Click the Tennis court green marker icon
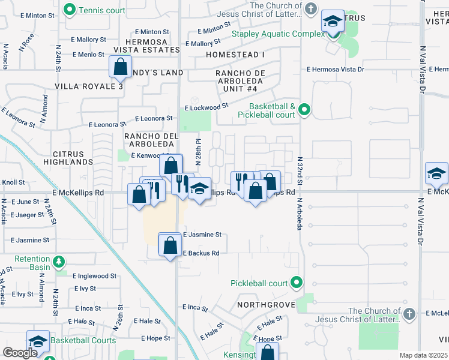pyautogui.click(x=70, y=10)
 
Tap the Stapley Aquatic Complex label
pyautogui.click(x=279, y=34)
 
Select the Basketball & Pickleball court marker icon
pyautogui.click(x=304, y=109)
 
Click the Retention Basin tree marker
pyautogui.click(x=59, y=262)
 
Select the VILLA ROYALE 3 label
pyautogui.click(x=89, y=86)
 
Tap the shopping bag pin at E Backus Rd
pyautogui.click(x=170, y=244)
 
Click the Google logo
pyautogui.click(x=20, y=353)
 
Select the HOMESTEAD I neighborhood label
pyautogui.click(x=235, y=55)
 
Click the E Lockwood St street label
pyautogui.click(x=207, y=107)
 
